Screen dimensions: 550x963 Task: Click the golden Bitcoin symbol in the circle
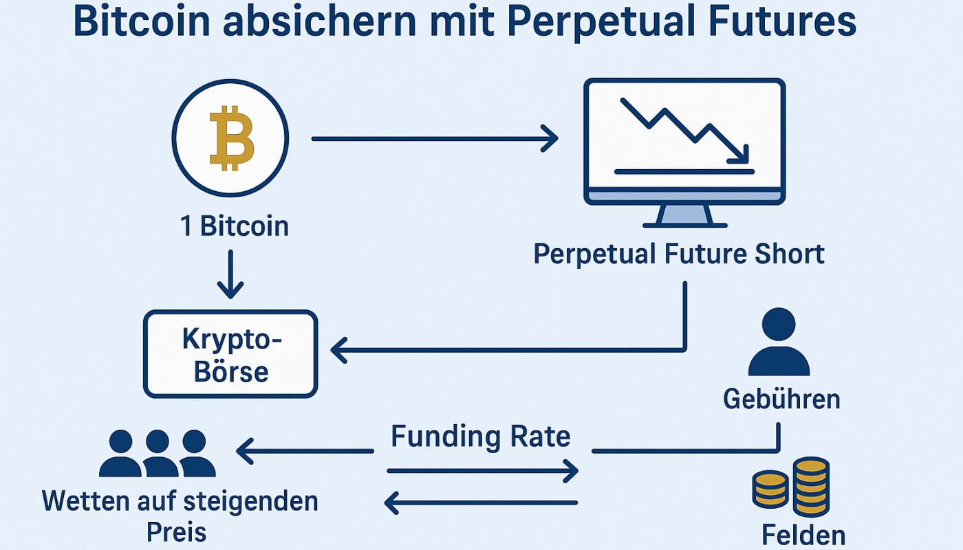[230, 139]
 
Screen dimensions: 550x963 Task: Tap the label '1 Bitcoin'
[235, 226]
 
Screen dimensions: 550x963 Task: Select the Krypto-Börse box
[230, 354]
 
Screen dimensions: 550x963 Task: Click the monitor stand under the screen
[684, 216]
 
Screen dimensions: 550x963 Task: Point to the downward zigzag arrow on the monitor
[684, 131]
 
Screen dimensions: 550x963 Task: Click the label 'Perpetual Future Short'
[678, 254]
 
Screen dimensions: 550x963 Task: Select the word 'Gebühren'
[781, 399]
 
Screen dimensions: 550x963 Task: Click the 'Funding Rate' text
[481, 437]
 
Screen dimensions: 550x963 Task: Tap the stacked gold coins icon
[790, 488]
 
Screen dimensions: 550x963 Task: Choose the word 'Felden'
[803, 535]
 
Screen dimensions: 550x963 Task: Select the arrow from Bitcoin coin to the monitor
[434, 139]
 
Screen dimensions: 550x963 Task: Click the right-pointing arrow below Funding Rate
[481, 471]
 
